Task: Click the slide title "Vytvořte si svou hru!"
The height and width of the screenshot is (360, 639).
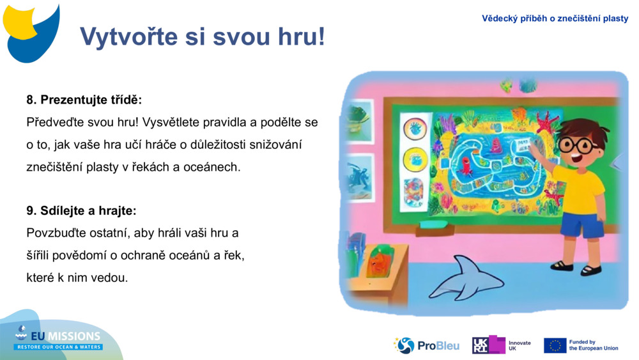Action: [x=202, y=37]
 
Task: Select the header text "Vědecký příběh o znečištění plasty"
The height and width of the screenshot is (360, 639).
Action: [x=555, y=19]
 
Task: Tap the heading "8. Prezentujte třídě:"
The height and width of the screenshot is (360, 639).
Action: [x=84, y=100]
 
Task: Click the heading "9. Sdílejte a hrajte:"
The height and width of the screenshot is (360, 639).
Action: [x=81, y=210]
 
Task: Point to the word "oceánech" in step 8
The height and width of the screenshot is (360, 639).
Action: [x=218, y=167]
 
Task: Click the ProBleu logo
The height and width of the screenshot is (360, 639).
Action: [x=426, y=345]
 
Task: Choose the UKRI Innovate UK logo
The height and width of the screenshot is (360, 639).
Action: [x=502, y=345]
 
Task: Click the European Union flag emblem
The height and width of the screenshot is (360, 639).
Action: [x=555, y=345]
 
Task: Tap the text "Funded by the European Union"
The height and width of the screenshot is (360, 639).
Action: [x=593, y=345]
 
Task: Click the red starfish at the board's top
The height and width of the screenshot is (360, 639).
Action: [x=547, y=121]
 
